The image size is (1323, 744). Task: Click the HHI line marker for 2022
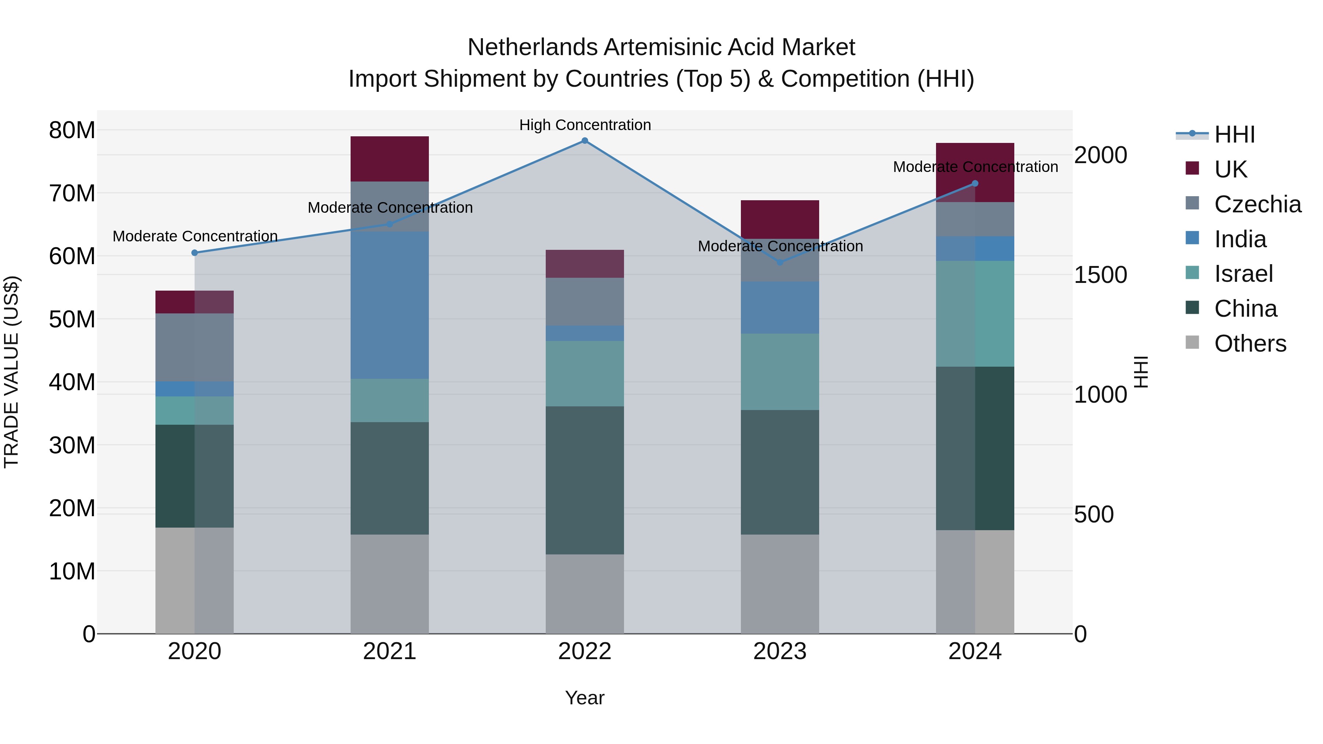click(584, 141)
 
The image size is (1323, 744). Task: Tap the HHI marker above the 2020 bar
click(195, 253)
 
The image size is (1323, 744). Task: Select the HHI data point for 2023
click(779, 262)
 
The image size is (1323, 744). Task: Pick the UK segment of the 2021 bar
click(389, 159)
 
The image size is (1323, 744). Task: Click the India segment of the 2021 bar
click(389, 305)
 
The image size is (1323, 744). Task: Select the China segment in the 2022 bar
click(584, 480)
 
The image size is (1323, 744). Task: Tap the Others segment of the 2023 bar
click(779, 584)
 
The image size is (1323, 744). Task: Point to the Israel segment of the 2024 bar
click(975, 314)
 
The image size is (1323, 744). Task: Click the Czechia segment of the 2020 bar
click(195, 347)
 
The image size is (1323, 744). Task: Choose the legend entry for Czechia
click(1257, 204)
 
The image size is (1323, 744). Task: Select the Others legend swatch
click(1192, 342)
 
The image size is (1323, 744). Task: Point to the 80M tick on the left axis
click(72, 130)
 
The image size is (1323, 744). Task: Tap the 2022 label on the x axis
click(584, 651)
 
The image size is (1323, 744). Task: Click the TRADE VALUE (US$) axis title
click(11, 372)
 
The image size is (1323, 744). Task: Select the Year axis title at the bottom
click(584, 698)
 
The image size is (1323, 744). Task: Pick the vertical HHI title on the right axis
click(1141, 372)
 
